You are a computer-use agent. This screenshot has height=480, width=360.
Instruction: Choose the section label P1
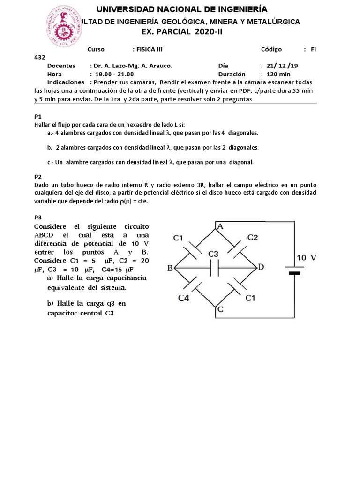[38, 116]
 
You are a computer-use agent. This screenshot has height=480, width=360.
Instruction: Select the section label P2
[38, 177]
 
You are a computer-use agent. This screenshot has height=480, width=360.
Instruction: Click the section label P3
[38, 217]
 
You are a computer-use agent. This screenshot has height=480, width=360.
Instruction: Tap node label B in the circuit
[170, 268]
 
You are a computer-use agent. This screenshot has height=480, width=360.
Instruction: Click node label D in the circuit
[261, 267]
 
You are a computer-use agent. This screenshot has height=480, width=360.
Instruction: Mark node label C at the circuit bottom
[219, 309]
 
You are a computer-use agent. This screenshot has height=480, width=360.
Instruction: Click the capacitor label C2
[253, 238]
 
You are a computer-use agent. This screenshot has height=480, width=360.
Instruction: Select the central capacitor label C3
[213, 254]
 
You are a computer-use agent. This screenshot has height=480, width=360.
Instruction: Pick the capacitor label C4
[184, 297]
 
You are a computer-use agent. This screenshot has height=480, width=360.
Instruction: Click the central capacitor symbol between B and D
[213, 268]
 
